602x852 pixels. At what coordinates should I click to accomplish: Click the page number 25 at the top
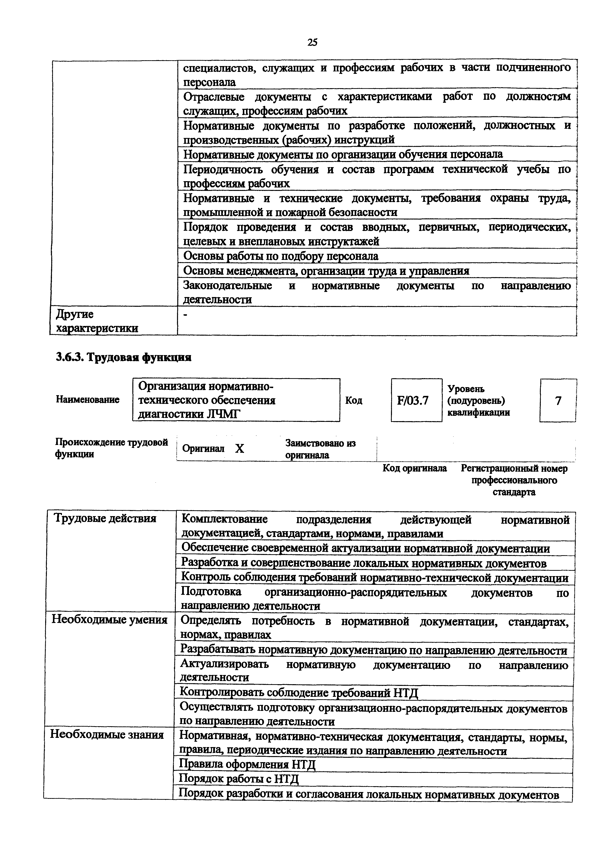click(312, 42)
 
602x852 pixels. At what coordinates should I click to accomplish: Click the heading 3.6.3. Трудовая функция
click(124, 357)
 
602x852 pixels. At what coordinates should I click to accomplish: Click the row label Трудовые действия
click(105, 518)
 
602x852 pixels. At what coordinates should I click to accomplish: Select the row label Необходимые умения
click(110, 620)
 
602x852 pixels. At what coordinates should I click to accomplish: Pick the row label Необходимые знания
click(107, 734)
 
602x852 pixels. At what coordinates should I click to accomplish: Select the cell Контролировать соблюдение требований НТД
click(299, 692)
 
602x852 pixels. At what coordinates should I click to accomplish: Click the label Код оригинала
click(414, 468)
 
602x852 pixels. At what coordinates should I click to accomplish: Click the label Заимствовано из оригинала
click(320, 449)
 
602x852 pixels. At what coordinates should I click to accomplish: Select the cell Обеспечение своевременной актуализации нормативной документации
click(365, 548)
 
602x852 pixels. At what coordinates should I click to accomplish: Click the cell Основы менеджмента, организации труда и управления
click(326, 271)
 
